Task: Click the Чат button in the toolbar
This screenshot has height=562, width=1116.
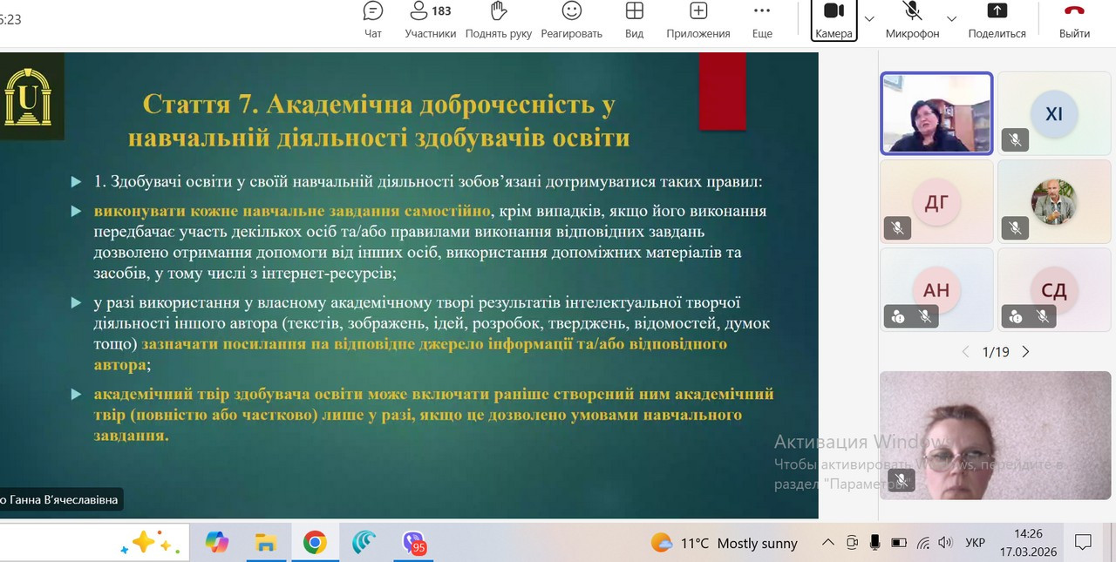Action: (x=372, y=20)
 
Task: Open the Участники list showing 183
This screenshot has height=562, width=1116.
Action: (x=430, y=20)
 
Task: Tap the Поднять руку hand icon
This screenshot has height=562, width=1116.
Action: (x=498, y=11)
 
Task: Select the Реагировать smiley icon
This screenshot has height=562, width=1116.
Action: (x=571, y=11)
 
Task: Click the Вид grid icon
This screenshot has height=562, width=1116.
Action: (x=634, y=11)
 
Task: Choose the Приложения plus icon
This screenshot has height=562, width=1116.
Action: (x=698, y=11)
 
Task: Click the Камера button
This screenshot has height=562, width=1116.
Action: (x=834, y=20)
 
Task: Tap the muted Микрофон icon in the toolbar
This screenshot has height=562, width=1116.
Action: (x=912, y=10)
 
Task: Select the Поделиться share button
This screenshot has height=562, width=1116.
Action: (x=997, y=20)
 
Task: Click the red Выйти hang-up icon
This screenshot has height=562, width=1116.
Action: (x=1074, y=10)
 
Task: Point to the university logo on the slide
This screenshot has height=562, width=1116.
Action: (x=28, y=97)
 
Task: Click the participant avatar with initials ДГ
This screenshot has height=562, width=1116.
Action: (x=936, y=202)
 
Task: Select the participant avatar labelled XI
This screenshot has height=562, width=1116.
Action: (x=1054, y=114)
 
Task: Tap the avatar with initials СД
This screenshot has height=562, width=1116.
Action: (x=1054, y=289)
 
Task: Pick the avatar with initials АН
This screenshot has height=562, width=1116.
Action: (x=936, y=289)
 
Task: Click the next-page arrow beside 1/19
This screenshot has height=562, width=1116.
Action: (x=1025, y=352)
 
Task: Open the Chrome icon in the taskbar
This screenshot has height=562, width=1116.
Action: (x=315, y=542)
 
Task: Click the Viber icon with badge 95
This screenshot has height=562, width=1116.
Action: (x=414, y=543)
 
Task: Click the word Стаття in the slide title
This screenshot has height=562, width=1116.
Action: (x=187, y=105)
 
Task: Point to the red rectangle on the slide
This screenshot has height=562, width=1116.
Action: (x=723, y=91)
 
